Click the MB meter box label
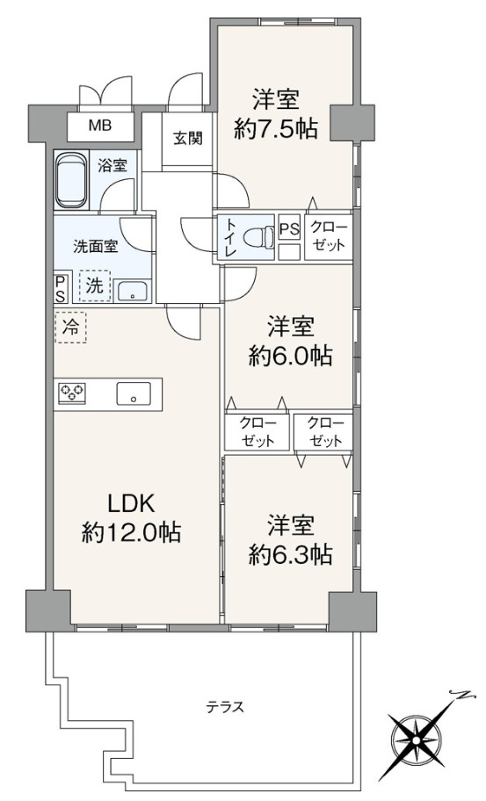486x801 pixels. pyautogui.click(x=100, y=125)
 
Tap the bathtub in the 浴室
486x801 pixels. pyautogui.click(x=72, y=180)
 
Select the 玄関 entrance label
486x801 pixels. pyautogui.click(x=187, y=138)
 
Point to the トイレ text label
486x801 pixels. pyautogui.click(x=231, y=238)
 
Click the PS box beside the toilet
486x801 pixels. pyautogui.click(x=289, y=229)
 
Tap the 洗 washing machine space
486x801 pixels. pyautogui.click(x=94, y=285)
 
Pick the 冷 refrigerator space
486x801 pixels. pyautogui.click(x=70, y=328)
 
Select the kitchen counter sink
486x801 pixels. pyautogui.click(x=134, y=393)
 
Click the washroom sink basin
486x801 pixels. pyautogui.click(x=133, y=292)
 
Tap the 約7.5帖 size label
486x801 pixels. pyautogui.click(x=276, y=129)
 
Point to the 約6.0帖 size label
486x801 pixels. pyautogui.click(x=290, y=356)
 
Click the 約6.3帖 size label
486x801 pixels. pyautogui.click(x=290, y=554)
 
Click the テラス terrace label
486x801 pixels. pyautogui.click(x=225, y=707)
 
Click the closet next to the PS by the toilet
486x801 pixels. pyautogui.click(x=329, y=237)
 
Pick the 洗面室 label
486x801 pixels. pyautogui.click(x=96, y=247)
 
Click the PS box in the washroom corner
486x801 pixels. pyautogui.click(x=61, y=289)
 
